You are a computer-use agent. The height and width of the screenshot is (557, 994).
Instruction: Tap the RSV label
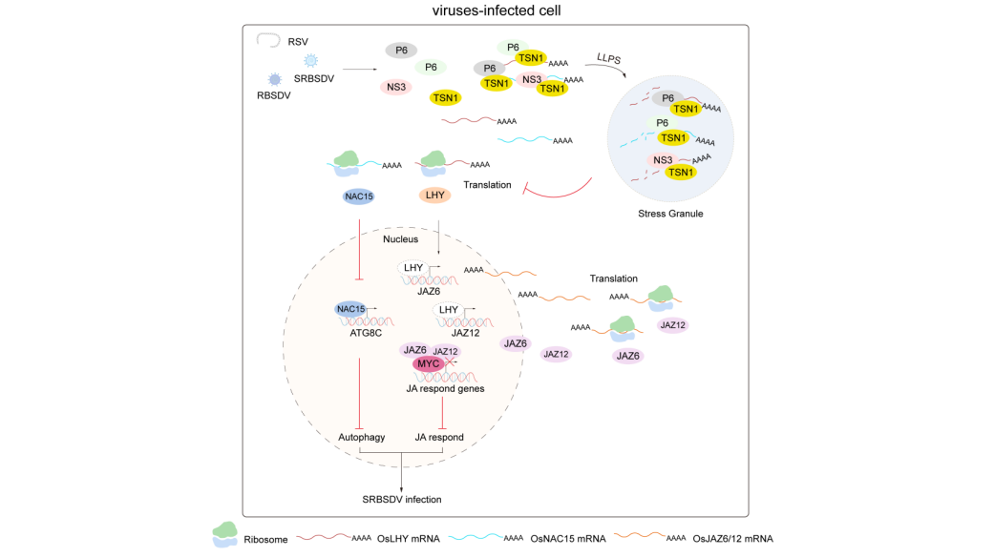298,42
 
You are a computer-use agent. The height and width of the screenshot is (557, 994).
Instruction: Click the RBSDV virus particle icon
275,78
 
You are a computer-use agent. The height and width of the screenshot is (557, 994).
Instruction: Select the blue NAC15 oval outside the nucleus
359,196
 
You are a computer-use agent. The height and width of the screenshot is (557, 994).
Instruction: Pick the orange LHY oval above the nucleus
435,196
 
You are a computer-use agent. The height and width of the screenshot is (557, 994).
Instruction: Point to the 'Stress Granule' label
670,214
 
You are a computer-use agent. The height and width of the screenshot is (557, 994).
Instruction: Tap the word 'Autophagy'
361,437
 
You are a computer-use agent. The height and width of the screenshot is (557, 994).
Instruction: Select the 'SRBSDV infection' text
401,498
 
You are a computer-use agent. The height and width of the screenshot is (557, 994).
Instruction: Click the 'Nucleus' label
401,238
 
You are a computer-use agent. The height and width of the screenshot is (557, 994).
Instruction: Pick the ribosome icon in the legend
225,535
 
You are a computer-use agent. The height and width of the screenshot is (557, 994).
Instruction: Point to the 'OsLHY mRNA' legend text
408,539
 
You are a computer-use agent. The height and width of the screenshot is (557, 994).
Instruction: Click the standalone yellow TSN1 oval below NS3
445,97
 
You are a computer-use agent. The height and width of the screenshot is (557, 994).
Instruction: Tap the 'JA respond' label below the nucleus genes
439,437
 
